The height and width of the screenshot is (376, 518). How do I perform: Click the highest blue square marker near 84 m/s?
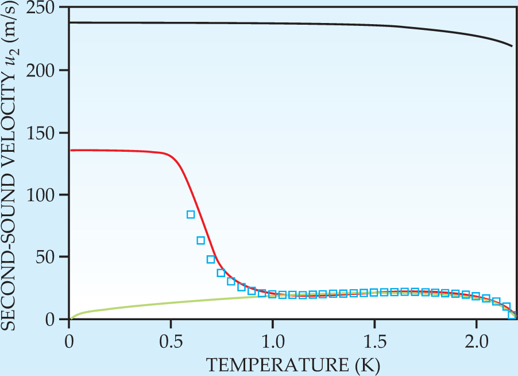[191, 214]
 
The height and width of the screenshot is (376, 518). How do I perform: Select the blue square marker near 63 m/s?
[201, 240]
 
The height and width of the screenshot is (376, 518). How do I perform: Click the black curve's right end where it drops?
[511, 45]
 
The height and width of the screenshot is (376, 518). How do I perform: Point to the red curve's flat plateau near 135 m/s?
[115, 151]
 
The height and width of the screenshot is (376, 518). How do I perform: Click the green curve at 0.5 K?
[171, 303]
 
